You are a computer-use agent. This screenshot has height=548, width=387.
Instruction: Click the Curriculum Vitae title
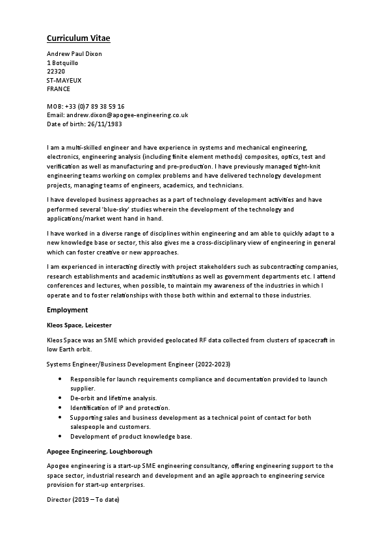(83, 38)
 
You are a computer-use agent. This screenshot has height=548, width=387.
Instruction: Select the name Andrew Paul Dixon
(75, 54)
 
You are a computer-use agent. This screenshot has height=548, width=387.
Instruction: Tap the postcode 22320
(56, 72)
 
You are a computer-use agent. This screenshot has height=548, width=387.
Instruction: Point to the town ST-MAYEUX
(64, 80)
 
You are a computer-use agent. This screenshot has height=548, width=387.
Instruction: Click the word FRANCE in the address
(59, 89)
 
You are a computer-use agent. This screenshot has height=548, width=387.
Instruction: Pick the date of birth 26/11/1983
(101, 123)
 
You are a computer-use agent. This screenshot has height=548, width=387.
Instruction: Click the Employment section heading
(68, 310)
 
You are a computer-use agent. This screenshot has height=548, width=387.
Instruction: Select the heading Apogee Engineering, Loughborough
(100, 451)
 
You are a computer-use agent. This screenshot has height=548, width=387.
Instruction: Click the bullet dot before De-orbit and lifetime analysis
(60, 398)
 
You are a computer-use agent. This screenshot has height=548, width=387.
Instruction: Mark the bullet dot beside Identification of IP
(60, 407)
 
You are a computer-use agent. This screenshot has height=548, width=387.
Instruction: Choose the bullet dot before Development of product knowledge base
(60, 436)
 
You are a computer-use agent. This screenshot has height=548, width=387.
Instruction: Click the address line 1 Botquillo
(62, 63)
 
